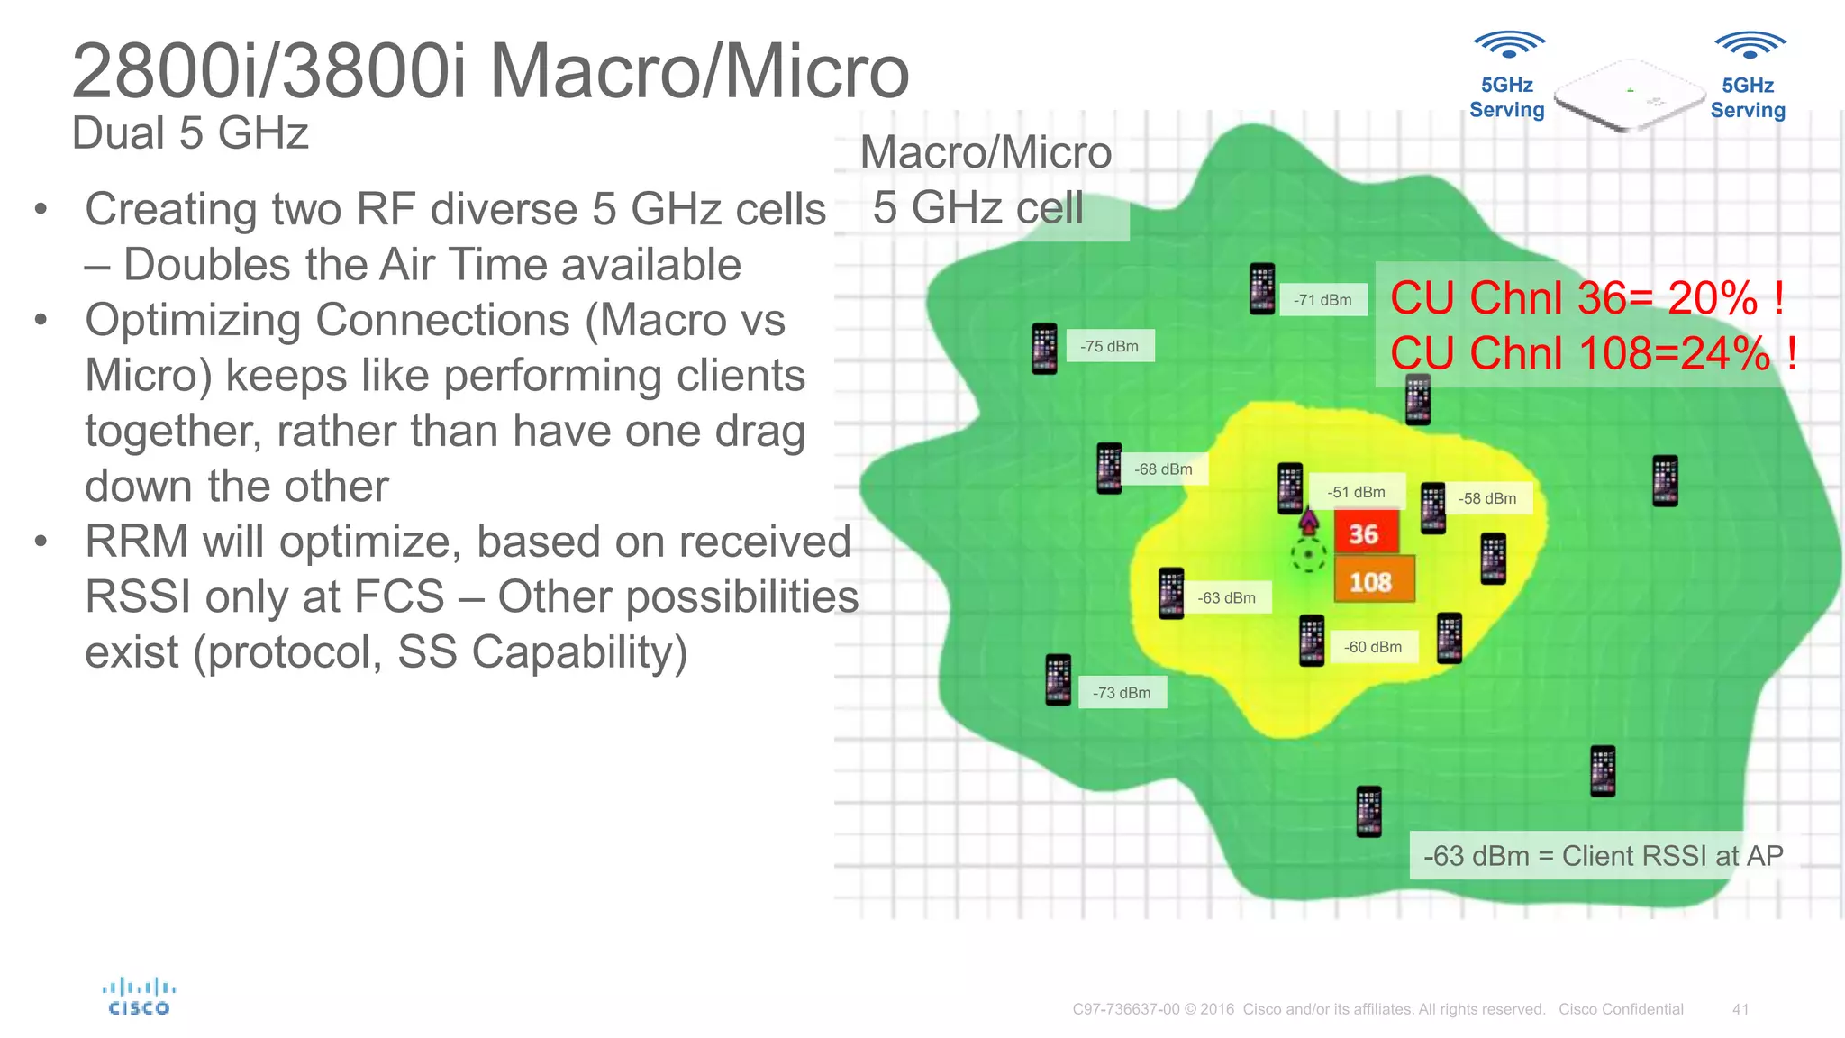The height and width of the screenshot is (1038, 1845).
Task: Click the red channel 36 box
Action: pyautogui.click(x=1365, y=533)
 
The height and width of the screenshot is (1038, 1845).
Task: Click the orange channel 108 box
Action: pyautogui.click(x=1373, y=581)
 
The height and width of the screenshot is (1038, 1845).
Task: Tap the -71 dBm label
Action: pyautogui.click(x=1322, y=300)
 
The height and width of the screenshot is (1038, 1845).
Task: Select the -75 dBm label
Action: pyautogui.click(x=1110, y=346)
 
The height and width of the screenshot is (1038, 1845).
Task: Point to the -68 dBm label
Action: pyautogui.click(x=1163, y=469)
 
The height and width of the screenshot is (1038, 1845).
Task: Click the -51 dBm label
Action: pyautogui.click(x=1356, y=492)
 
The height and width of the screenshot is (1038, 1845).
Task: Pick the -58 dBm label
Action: pyautogui.click(x=1487, y=498)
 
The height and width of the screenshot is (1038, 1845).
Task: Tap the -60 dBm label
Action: pyautogui.click(x=1373, y=647)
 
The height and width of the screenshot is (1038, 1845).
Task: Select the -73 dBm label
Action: pyautogui.click(x=1122, y=693)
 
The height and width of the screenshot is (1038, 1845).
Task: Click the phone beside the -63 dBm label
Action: pyautogui.click(x=1171, y=594)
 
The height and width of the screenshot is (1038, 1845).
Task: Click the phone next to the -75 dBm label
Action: pyautogui.click(x=1044, y=349)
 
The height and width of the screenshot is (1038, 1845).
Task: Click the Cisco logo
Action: pyautogui.click(x=139, y=997)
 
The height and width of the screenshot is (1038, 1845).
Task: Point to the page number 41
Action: pyautogui.click(x=1740, y=1009)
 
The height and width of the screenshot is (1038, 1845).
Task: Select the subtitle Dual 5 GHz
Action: pyautogui.click(x=190, y=133)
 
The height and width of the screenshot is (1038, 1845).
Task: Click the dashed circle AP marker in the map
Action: pyautogui.click(x=1308, y=554)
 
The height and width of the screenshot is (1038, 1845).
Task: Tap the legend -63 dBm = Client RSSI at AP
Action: pyautogui.click(x=1603, y=855)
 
